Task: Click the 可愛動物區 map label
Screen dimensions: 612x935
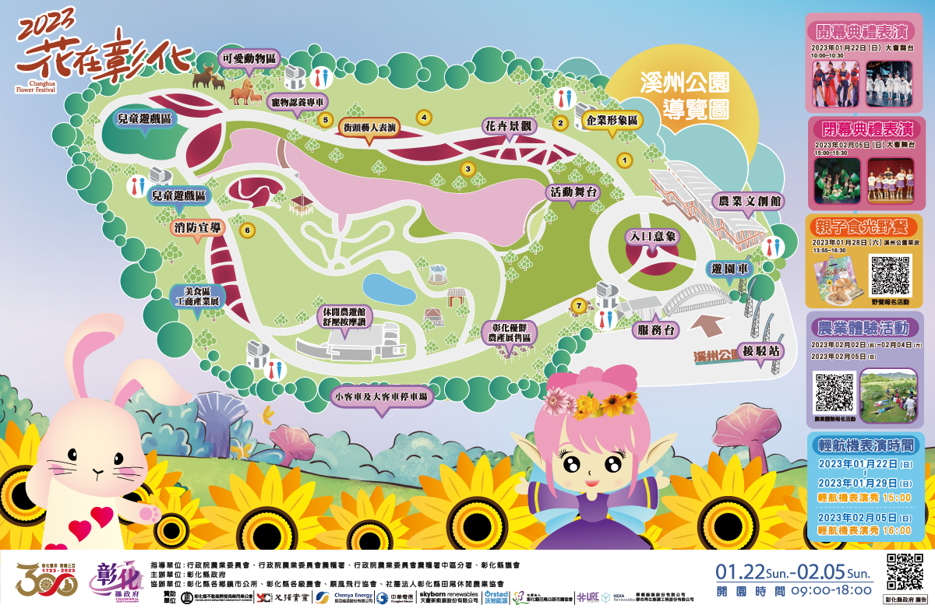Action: click(x=248, y=58)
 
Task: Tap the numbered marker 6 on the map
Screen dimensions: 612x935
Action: click(x=248, y=230)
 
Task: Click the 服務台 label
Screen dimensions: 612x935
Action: click(x=656, y=329)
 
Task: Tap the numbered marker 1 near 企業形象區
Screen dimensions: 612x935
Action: click(x=623, y=160)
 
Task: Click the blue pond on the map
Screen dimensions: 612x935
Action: click(x=389, y=288)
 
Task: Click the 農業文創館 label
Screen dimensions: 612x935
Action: click(x=750, y=201)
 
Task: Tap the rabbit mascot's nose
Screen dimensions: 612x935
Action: click(x=96, y=472)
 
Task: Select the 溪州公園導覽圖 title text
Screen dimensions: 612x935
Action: click(x=684, y=97)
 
